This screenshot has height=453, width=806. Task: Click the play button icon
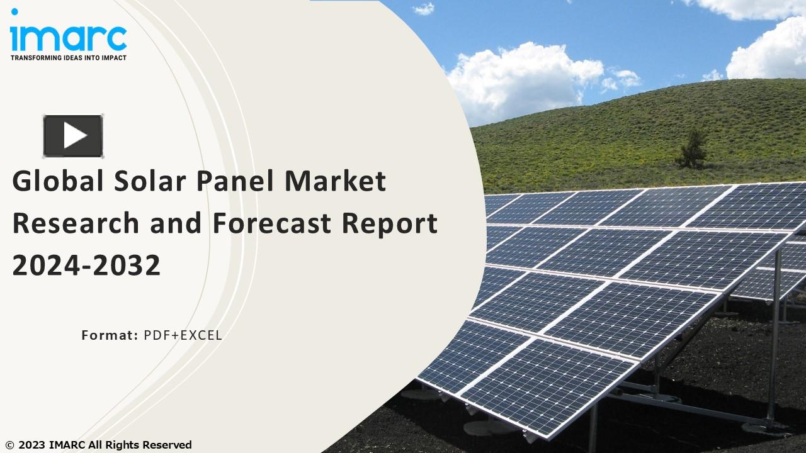[73, 136]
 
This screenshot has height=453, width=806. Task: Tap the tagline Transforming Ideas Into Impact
[69, 58]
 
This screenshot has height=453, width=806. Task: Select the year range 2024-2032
[86, 266]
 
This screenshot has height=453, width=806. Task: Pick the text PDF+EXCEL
[183, 335]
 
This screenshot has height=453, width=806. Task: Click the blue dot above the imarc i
[14, 11]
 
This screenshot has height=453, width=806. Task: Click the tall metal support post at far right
[776, 333]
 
